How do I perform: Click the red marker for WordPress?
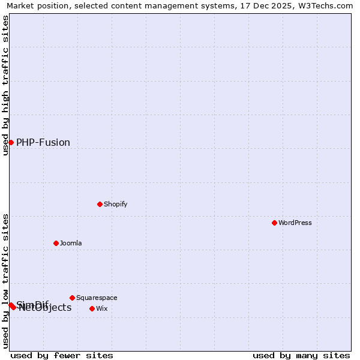tap(274, 223)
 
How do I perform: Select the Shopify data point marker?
tap(100, 204)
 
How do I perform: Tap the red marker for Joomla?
tap(56, 243)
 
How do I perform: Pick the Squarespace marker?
tap(72, 298)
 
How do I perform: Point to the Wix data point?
tap(92, 308)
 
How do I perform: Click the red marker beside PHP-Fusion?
tap(11, 142)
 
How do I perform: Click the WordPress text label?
tap(295, 223)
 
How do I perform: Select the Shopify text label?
tap(116, 204)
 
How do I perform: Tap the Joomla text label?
tap(71, 243)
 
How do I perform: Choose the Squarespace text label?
tap(97, 298)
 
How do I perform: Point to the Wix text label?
tap(102, 308)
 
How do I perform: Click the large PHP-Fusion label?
tap(43, 142)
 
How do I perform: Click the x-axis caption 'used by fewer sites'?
tap(62, 355)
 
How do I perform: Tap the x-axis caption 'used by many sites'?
tap(301, 355)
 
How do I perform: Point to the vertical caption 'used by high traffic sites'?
tap(5, 85)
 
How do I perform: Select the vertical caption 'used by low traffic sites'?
tap(5, 280)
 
